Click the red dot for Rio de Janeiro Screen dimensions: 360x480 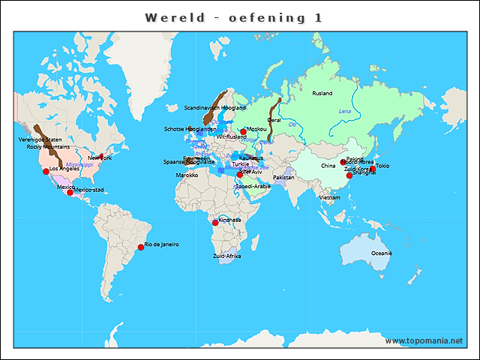140,247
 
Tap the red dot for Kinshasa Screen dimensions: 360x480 216,222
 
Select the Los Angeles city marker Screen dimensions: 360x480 46,171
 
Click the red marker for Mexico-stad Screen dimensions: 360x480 70,193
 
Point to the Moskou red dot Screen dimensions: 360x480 244,132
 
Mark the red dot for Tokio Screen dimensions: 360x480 373,169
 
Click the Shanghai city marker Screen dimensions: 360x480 349,175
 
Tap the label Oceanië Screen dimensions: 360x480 382,253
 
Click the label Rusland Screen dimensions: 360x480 322,93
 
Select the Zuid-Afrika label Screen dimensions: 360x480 227,256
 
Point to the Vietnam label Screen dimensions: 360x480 330,197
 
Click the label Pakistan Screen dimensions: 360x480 283,178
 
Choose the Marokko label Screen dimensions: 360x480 187,175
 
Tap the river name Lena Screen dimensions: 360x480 345,111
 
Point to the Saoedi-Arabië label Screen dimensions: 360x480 253,186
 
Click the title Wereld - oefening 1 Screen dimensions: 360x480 233,17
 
